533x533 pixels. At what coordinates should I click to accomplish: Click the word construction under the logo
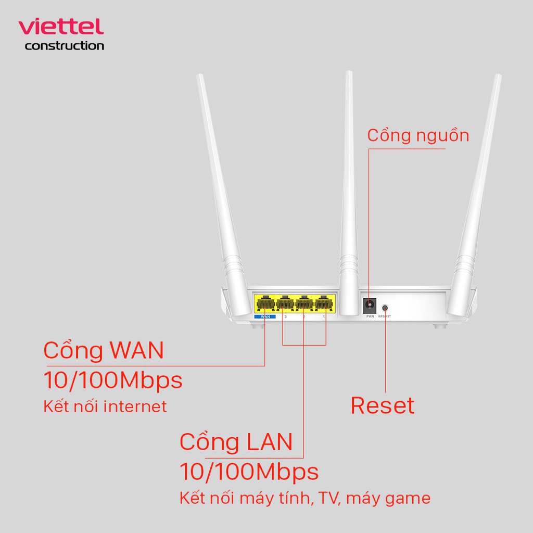point(64,46)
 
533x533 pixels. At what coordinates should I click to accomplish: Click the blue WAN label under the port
point(265,316)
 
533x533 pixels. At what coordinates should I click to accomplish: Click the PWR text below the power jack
point(370,316)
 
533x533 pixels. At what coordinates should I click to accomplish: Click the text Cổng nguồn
point(418,135)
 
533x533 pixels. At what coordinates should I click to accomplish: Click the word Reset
point(383,406)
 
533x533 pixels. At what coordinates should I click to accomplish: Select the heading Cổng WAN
point(104,350)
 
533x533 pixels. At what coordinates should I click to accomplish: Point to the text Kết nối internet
point(105,406)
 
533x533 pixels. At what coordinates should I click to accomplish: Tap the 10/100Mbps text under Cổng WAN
point(113,380)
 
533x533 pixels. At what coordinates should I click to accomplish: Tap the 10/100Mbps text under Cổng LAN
point(249,472)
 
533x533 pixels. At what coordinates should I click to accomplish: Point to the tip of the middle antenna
point(349,73)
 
